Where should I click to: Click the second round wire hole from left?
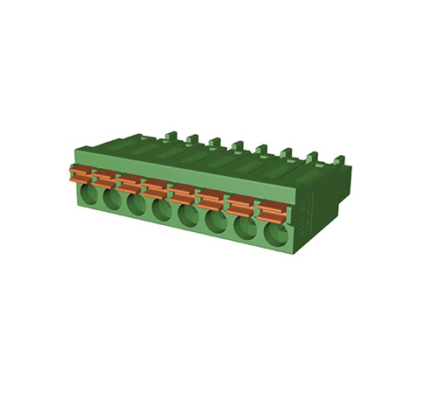(x=111, y=201)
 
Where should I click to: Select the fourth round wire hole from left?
(x=162, y=211)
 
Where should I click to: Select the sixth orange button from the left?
(x=211, y=200)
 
